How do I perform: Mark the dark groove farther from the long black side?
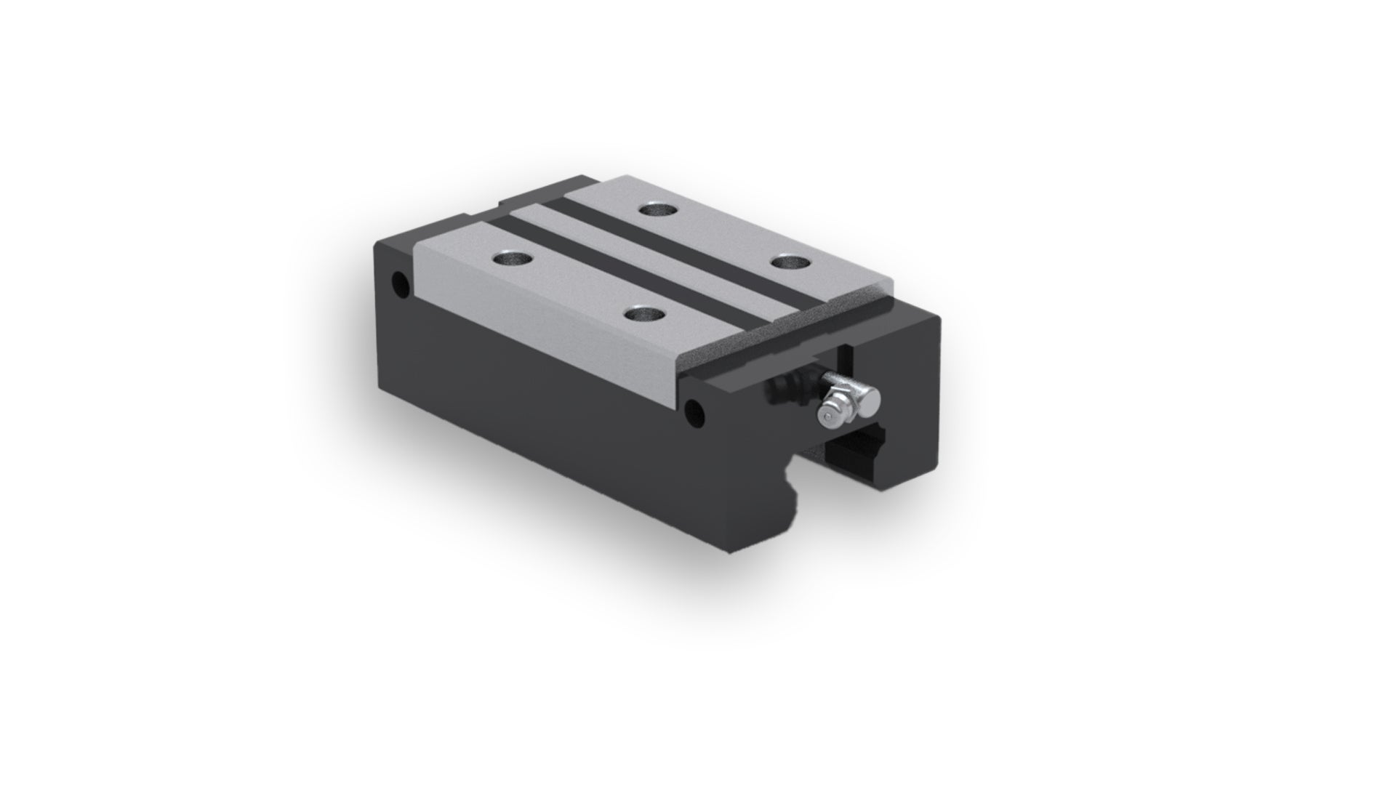tap(698, 247)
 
